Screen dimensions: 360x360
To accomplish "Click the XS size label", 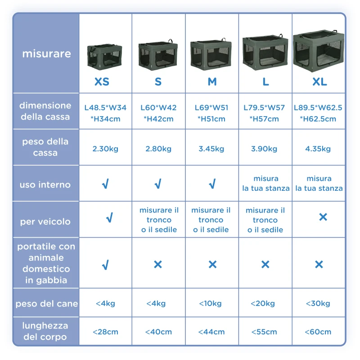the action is click(102, 81).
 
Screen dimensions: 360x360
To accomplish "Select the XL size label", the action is click(319, 81).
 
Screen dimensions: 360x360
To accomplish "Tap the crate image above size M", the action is click(211, 54).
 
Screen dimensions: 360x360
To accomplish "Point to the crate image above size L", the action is click(265, 52).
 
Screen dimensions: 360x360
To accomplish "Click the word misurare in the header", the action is click(47, 54).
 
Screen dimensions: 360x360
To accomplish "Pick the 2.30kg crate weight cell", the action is click(105, 149).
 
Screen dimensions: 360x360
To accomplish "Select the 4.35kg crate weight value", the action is click(318, 149).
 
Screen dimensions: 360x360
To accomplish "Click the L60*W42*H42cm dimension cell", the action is click(158, 113).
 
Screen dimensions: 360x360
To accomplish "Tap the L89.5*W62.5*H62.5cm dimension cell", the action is click(318, 113).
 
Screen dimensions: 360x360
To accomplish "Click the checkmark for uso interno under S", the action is click(158, 184).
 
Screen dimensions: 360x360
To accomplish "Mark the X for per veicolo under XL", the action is click(323, 217).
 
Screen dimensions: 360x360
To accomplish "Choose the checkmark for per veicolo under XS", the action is click(109, 217).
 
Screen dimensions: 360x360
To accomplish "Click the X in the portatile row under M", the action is click(212, 265).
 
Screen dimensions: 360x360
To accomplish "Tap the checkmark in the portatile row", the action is click(105, 265).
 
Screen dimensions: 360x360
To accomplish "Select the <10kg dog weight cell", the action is click(210, 303).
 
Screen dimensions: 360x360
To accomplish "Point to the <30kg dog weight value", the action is click(318, 303).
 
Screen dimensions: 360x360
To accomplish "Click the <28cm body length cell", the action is click(105, 332).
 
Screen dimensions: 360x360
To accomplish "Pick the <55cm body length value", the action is click(264, 332).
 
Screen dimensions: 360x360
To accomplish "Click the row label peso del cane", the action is click(47, 304).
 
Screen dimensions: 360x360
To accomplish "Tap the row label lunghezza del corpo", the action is click(45, 331).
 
